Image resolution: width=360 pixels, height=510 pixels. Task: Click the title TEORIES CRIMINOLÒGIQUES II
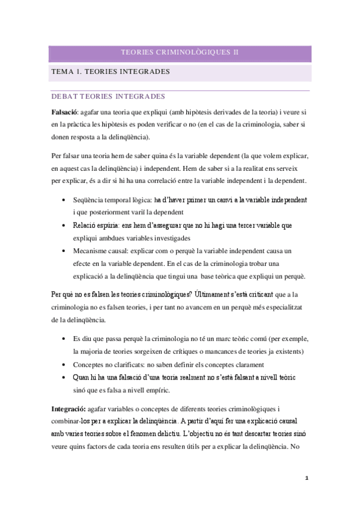180,53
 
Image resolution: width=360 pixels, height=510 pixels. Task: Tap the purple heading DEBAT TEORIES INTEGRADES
109,96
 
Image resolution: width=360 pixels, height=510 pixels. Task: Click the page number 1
307,478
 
